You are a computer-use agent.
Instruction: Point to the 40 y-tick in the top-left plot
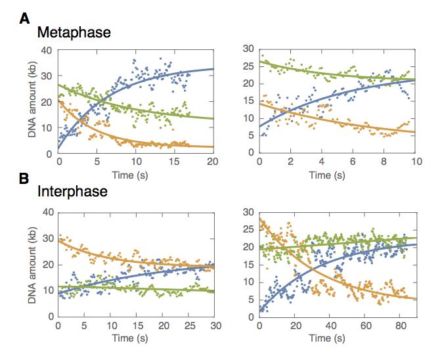pyautogui.click(x=45, y=51)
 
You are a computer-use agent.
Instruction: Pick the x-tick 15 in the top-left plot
pyautogui.click(x=174, y=162)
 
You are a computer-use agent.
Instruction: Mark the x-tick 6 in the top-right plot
pyautogui.click(x=353, y=162)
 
